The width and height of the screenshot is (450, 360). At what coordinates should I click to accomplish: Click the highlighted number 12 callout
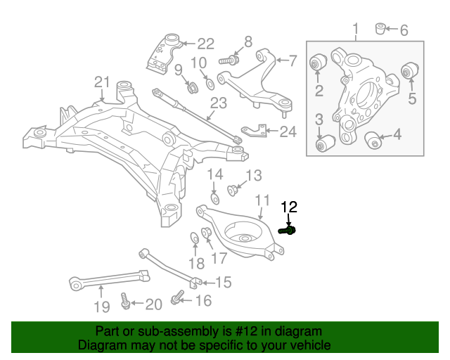290,207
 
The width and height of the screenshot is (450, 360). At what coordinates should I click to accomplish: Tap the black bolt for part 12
288,230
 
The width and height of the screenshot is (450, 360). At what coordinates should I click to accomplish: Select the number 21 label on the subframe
103,83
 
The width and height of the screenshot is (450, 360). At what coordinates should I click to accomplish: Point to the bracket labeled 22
162,51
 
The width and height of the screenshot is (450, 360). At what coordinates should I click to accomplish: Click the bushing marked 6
381,29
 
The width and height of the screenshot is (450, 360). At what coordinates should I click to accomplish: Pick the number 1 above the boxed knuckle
356,30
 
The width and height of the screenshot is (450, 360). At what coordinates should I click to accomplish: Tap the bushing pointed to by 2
317,64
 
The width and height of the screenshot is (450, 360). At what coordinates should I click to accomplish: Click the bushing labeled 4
373,139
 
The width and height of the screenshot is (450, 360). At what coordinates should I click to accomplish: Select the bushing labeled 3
323,144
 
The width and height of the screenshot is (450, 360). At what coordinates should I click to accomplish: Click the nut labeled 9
190,88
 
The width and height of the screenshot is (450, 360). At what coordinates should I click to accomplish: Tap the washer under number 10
210,86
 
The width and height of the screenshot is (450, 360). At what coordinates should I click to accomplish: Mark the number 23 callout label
218,104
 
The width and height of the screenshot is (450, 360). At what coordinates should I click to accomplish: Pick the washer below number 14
215,199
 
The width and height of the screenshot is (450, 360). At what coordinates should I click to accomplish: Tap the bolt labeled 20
125,302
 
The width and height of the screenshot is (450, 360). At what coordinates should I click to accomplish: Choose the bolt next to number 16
176,301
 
